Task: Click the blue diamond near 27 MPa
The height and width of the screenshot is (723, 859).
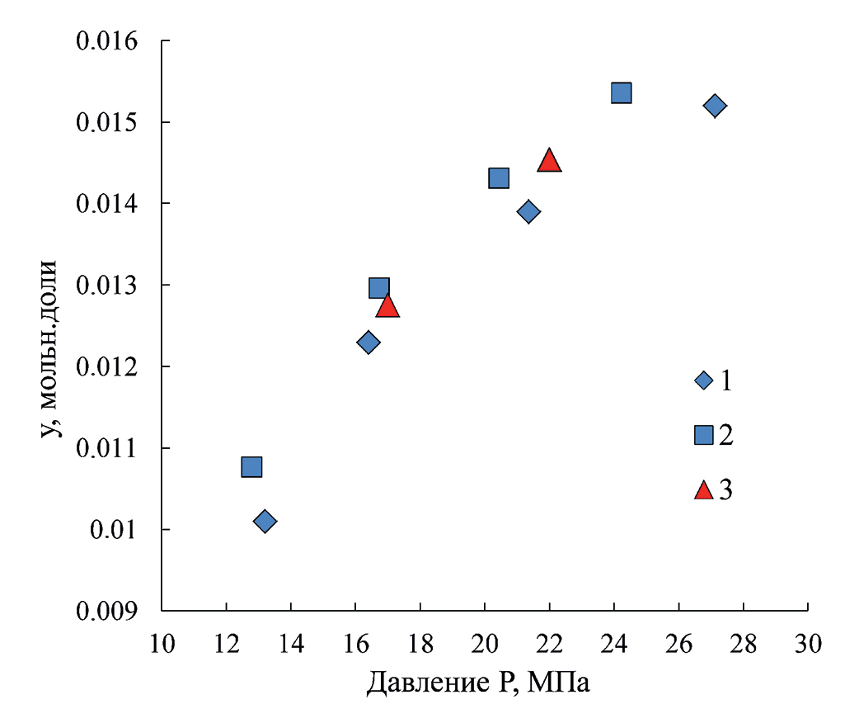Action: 715,106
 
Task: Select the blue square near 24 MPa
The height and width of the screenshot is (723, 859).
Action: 622,92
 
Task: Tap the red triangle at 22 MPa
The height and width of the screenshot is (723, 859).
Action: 549,161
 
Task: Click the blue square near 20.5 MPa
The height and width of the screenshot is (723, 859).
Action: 499,178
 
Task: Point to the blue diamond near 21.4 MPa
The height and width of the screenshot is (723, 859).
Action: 528,212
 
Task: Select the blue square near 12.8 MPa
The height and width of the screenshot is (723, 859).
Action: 251,467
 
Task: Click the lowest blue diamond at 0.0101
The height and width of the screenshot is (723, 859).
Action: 265,521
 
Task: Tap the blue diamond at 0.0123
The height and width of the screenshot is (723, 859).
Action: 368,343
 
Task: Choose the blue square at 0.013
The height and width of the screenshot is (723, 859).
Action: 379,288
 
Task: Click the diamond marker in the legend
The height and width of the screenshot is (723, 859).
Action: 703,380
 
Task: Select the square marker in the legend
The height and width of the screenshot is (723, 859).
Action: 703,435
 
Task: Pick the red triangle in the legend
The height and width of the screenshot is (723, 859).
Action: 703,490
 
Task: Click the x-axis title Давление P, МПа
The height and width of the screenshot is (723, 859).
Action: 478,683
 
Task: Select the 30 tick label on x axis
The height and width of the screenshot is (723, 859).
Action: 808,642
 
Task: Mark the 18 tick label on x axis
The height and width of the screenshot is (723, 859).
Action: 420,642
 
